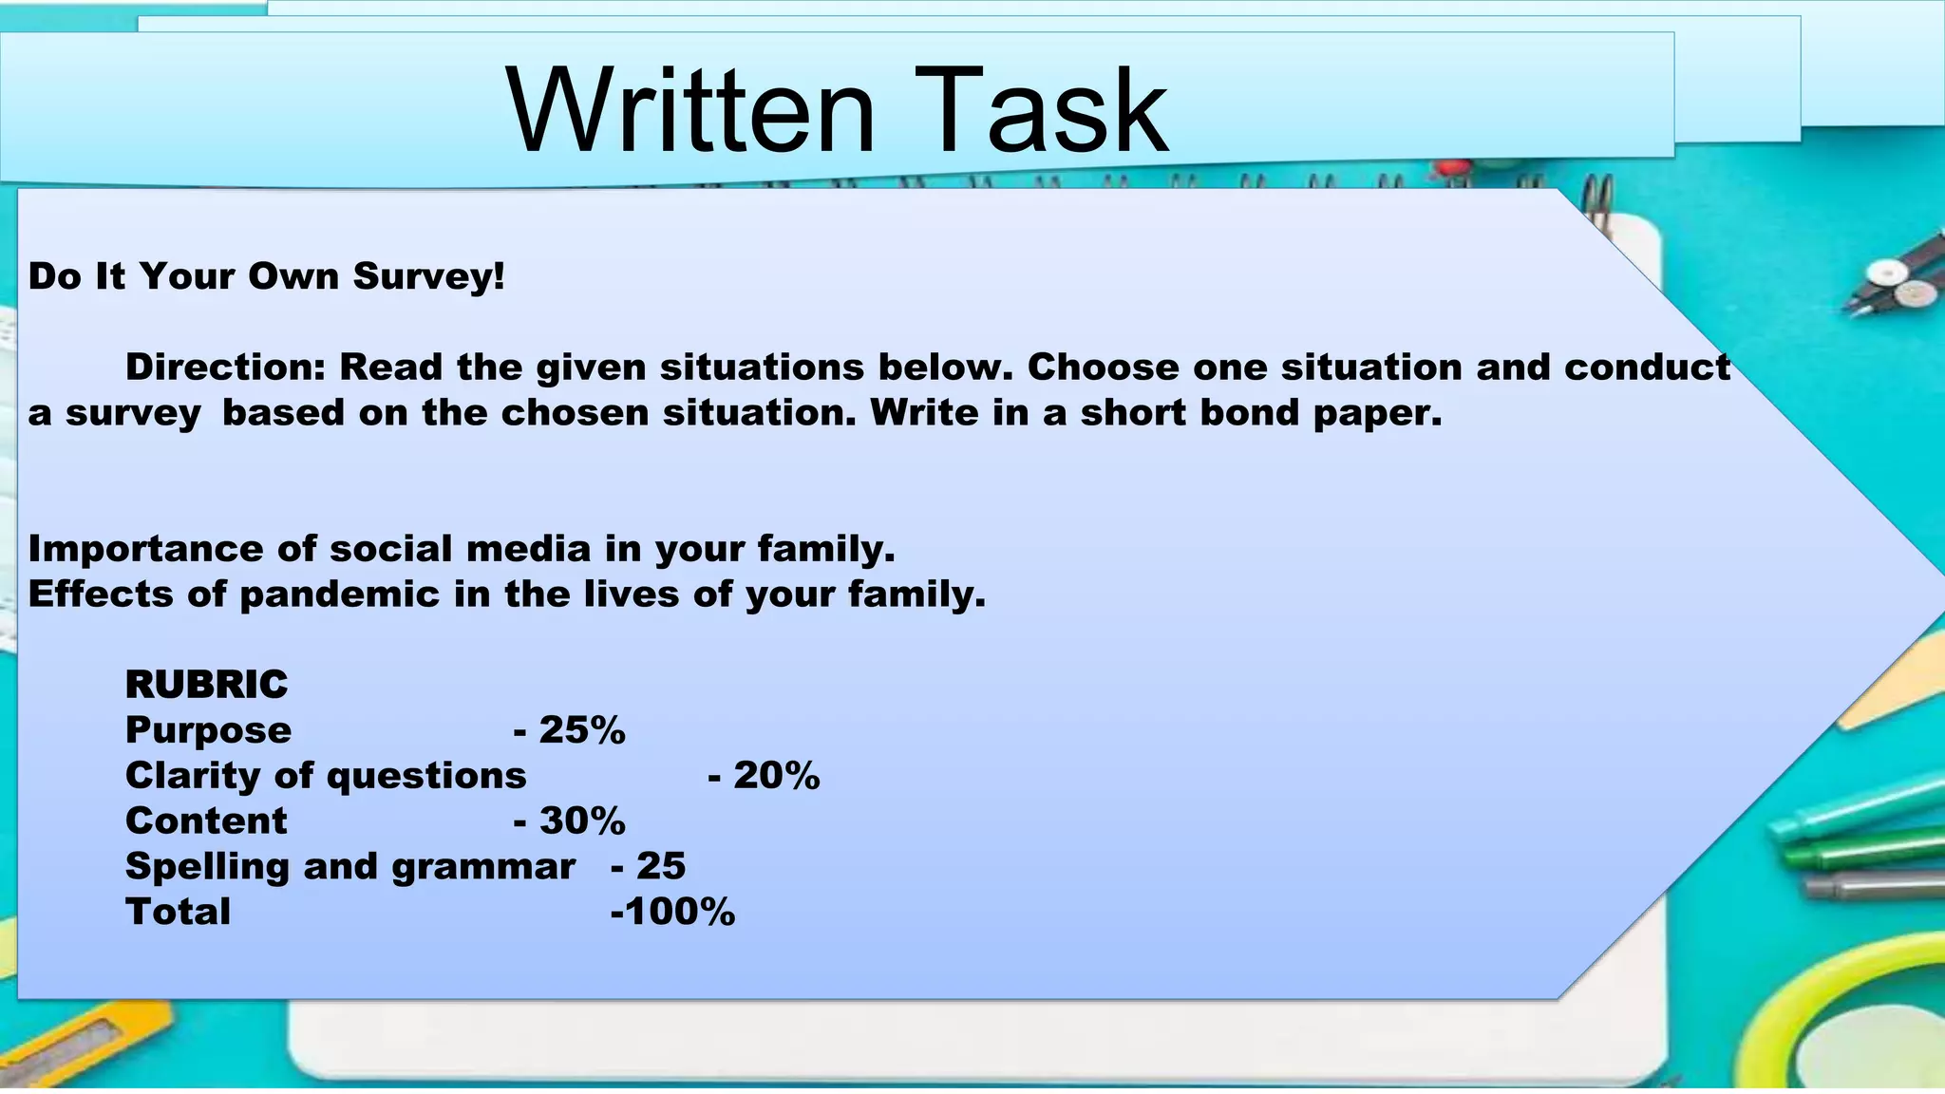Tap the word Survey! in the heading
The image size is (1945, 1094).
click(x=428, y=276)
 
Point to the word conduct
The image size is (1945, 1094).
click(x=1647, y=368)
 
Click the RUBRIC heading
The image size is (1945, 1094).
click(x=206, y=685)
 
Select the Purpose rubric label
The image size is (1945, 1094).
click(x=208, y=730)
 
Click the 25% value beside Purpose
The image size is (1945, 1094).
click(x=581, y=730)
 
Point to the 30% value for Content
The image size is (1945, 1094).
click(x=581, y=820)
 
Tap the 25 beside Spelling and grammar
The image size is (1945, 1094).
click(x=660, y=866)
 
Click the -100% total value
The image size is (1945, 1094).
click(x=672, y=912)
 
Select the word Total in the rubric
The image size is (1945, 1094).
click(x=178, y=912)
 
